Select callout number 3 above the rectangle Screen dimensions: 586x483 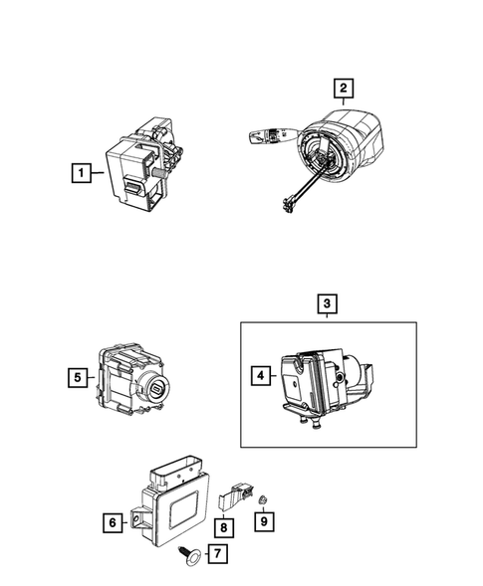click(328, 303)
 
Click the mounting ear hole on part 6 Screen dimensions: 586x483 click(138, 515)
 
